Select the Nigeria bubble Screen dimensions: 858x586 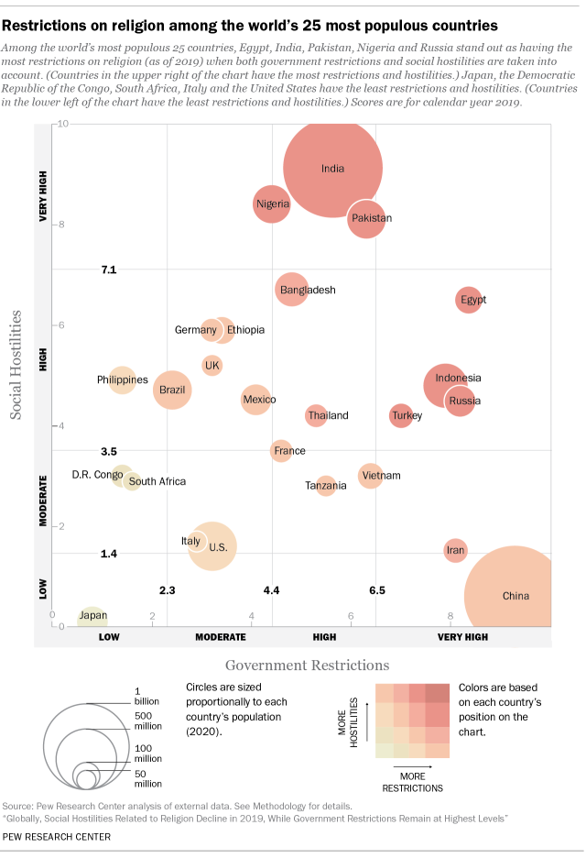point(271,203)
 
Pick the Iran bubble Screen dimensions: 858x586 point(455,550)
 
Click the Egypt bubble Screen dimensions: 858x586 point(469,299)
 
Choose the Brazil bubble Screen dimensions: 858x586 point(172,390)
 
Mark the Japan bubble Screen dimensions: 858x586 point(92,617)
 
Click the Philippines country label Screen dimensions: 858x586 point(123,379)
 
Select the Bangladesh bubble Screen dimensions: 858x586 point(291,290)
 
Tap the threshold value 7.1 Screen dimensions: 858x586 point(109,269)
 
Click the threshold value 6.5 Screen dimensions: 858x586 point(376,590)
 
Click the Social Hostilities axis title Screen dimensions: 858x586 point(17,364)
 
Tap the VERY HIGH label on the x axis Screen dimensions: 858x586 point(467,636)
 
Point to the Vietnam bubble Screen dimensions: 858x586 point(369,476)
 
